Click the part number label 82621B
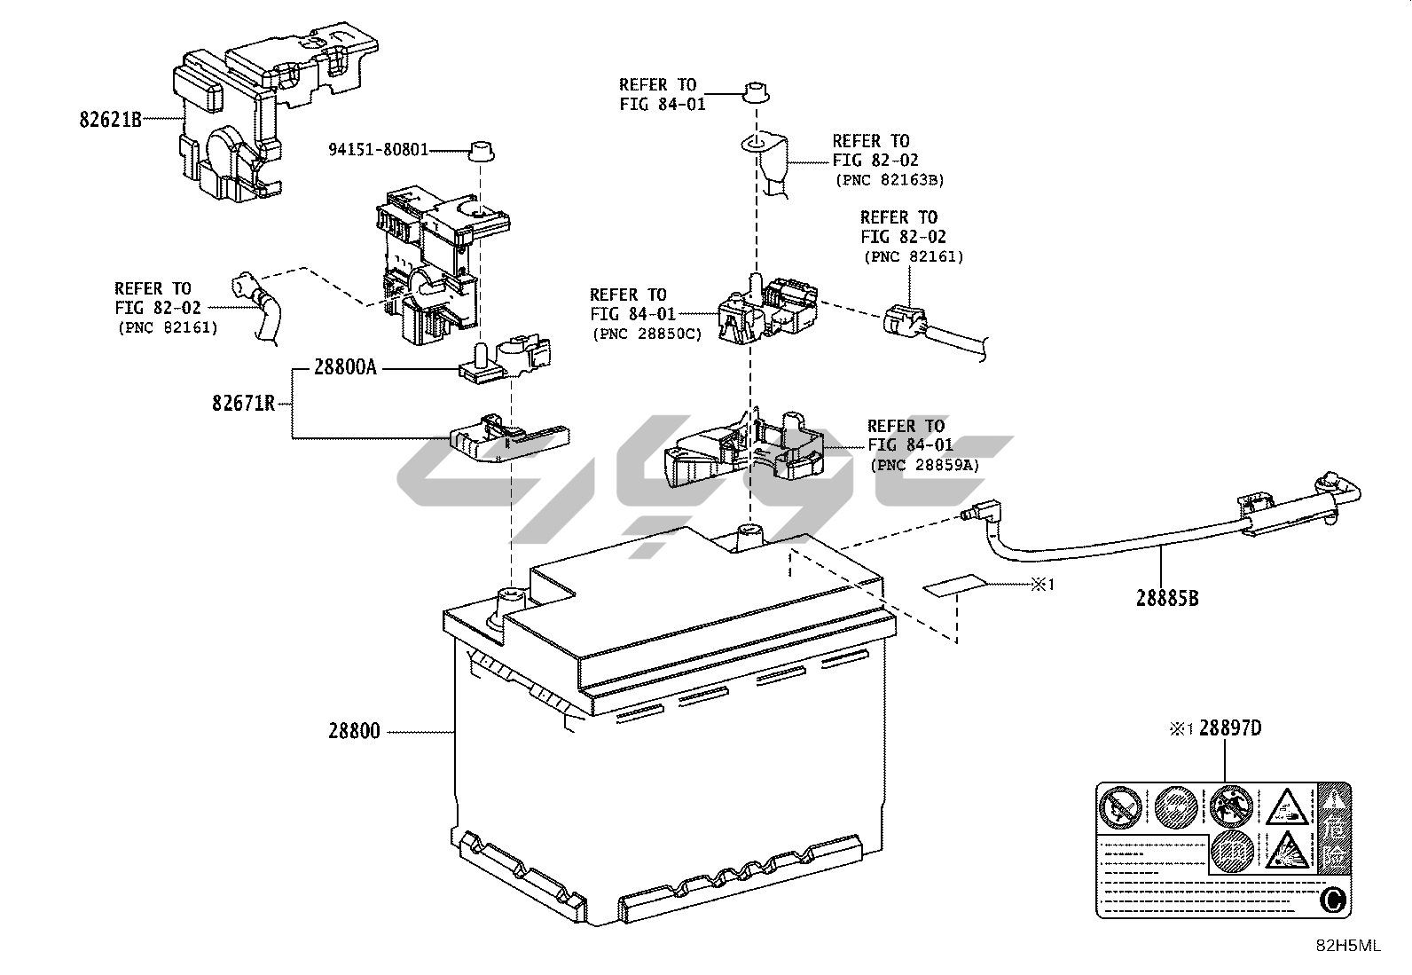[x=111, y=120]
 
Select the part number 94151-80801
[x=379, y=150]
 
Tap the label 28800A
[x=345, y=367]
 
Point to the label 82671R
[x=243, y=404]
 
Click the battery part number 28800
[x=354, y=732]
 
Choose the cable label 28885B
[x=1167, y=598]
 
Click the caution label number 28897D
[x=1230, y=728]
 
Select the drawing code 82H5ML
[x=1347, y=946]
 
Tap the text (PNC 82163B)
[x=890, y=180]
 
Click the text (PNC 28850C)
[x=647, y=334]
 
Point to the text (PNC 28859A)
[x=925, y=465]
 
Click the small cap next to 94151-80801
[x=480, y=150]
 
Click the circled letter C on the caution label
[x=1331, y=900]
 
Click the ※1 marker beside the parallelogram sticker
[x=1042, y=585]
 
